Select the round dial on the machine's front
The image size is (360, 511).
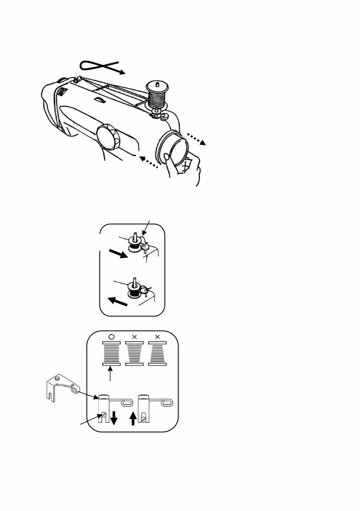[x=107, y=138]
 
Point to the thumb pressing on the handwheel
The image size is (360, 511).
[x=181, y=166]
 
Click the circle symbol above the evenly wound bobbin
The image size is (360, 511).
[x=111, y=337]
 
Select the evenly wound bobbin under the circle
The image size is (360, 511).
[x=111, y=355]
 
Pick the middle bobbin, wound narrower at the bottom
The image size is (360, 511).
[x=134, y=355]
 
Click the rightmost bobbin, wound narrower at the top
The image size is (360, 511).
[x=157, y=355]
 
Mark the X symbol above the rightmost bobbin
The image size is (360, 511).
[x=157, y=337]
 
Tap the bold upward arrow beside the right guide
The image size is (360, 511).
[x=133, y=419]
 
